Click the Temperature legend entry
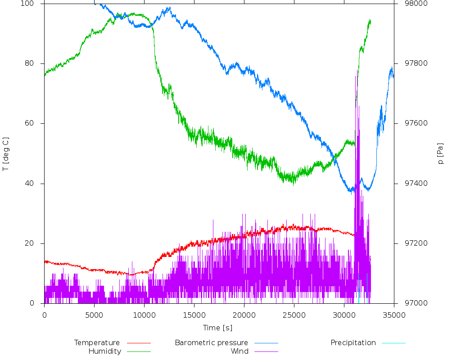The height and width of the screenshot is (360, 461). coord(97,343)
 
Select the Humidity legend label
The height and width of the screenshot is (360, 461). coord(104,351)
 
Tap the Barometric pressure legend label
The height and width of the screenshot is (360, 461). coord(211,343)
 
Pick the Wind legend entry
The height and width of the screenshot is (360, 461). coord(239,351)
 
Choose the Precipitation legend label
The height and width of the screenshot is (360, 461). coord(353,343)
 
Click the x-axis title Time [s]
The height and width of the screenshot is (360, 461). coord(217,328)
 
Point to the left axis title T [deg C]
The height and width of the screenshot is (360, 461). coord(6,154)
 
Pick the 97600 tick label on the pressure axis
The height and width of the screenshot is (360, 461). coord(409,123)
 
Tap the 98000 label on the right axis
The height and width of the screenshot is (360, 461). coord(409,4)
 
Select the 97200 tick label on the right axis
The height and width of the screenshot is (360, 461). coord(409,243)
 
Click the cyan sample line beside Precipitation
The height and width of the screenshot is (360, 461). coord(393,343)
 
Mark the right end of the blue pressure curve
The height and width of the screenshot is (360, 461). coord(393,76)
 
